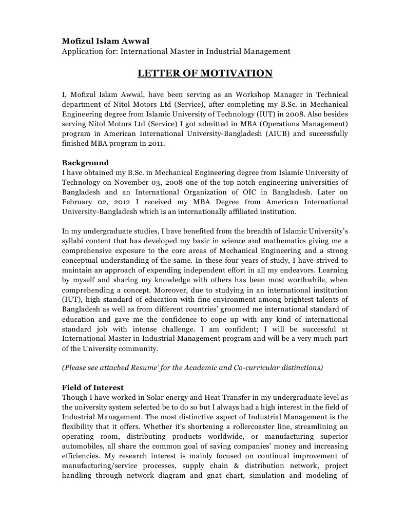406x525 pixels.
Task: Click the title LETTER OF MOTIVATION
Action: pos(205,73)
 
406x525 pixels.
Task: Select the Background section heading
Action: pos(85,163)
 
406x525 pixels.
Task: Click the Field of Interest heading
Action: pos(92,387)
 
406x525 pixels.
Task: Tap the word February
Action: pos(78,201)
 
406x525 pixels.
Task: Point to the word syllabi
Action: pos(73,242)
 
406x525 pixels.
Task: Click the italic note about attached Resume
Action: pos(192,367)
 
